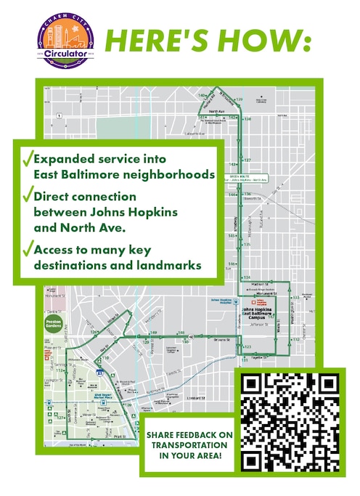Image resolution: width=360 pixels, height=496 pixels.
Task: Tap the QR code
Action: [x=290, y=423]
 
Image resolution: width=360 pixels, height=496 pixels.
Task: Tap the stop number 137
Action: [x=247, y=160]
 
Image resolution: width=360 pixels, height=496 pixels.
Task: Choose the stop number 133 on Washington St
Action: [x=296, y=298]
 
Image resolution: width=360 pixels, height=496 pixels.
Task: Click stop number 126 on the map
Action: [x=94, y=332]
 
